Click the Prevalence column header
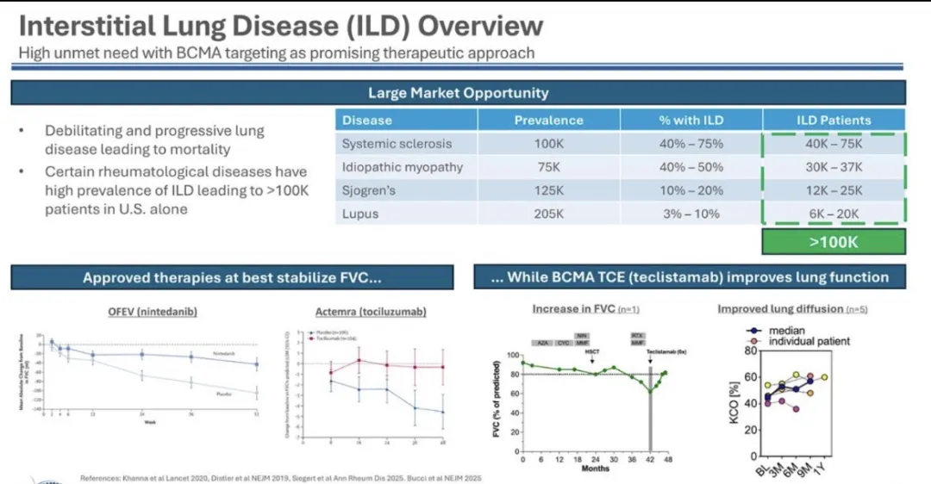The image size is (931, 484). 548,121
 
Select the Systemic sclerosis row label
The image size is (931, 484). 396,144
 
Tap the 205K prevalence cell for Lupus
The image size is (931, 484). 548,214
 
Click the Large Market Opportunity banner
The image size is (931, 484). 458,93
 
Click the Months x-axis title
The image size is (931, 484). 595,468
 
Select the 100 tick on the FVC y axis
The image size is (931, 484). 512,355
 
